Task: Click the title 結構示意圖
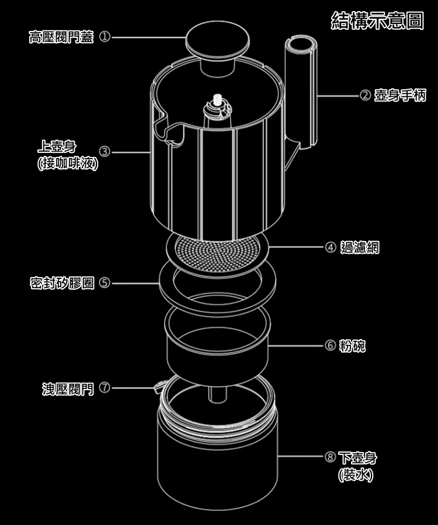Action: click(x=377, y=21)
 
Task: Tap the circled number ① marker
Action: click(x=105, y=38)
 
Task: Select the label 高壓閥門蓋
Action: click(x=61, y=38)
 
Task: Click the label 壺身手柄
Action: click(x=400, y=95)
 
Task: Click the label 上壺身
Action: click(x=60, y=146)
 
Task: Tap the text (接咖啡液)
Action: click(x=67, y=164)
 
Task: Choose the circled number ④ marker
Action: click(x=330, y=247)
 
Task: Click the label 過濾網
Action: click(x=359, y=247)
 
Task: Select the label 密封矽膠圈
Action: click(x=62, y=283)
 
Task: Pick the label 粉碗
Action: click(x=352, y=346)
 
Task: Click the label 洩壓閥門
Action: click(x=68, y=388)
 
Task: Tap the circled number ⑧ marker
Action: click(x=330, y=457)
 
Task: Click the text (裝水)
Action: click(x=356, y=474)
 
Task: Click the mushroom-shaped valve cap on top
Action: click(x=217, y=41)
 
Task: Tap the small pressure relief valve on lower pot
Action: click(x=158, y=386)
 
